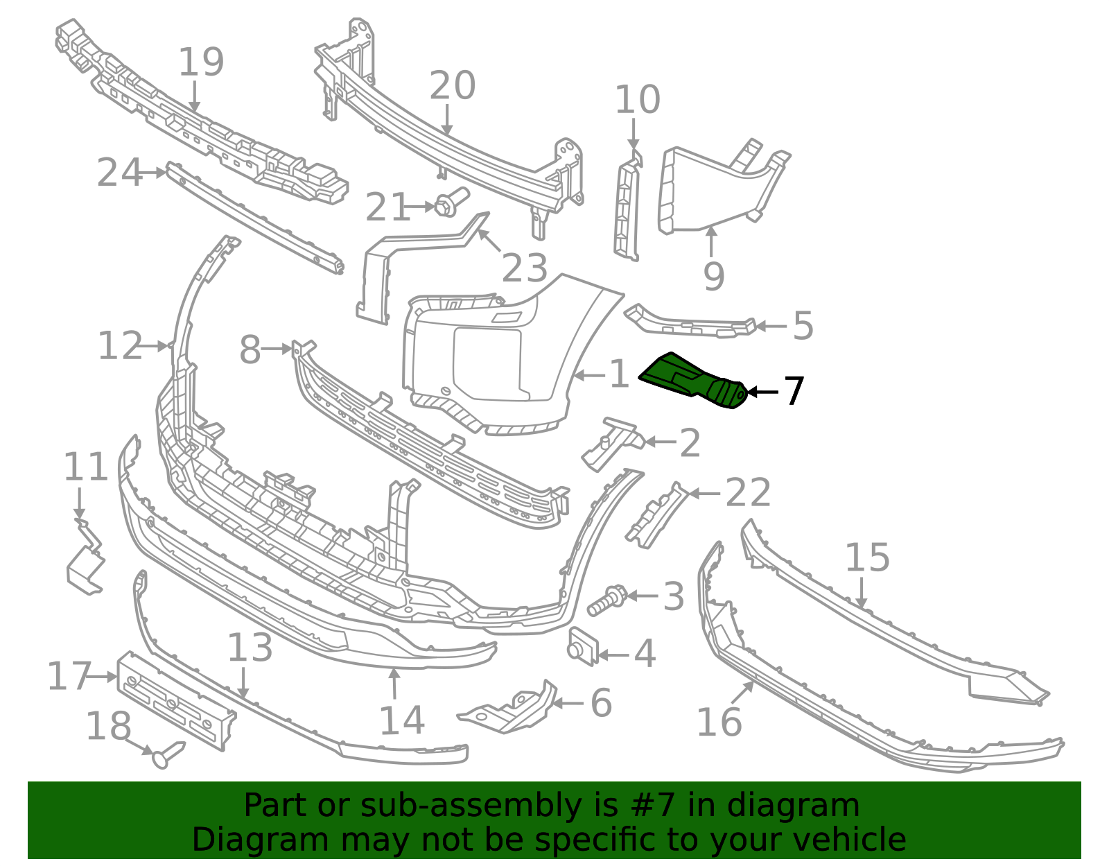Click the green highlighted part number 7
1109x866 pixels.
692,380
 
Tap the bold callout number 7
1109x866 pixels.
794,392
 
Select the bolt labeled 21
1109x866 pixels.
452,202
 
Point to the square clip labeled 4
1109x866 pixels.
583,647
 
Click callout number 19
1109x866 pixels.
201,62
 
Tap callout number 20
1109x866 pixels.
452,85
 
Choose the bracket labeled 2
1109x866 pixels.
613,443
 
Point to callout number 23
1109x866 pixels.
524,268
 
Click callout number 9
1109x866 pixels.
713,276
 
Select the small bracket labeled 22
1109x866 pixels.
657,515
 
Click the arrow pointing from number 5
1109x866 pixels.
771,326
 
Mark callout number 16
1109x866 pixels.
719,722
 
